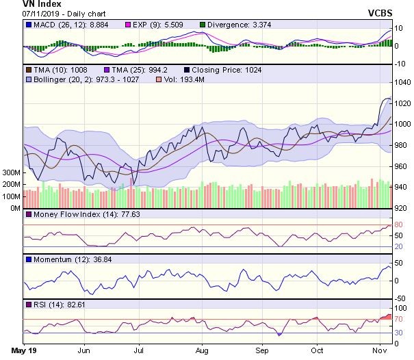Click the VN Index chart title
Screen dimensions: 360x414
[x=25, y=4]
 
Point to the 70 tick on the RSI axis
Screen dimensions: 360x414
[x=398, y=319]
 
